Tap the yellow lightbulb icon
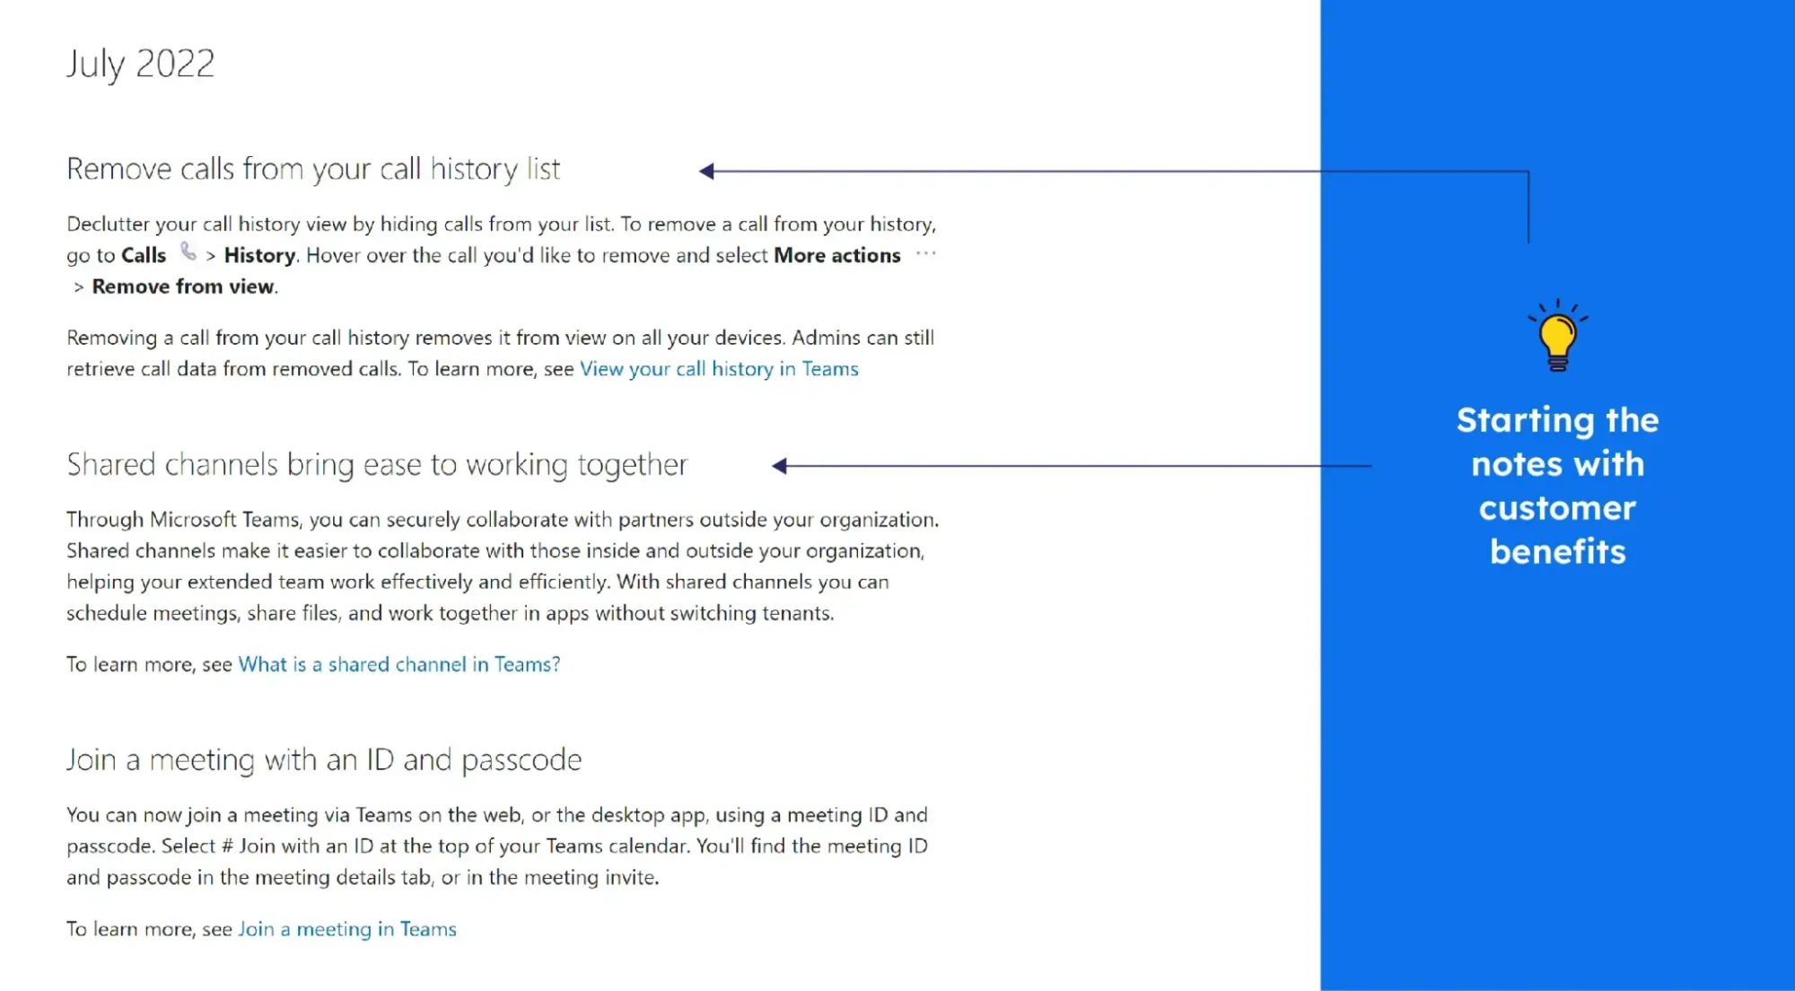click(1558, 336)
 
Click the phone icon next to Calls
click(188, 252)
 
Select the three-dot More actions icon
click(925, 254)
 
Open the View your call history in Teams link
click(719, 369)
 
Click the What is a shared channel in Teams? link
click(399, 664)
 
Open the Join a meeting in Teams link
click(347, 929)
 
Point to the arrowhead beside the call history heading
click(706, 171)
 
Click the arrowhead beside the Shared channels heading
click(779, 466)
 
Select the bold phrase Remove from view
click(183, 286)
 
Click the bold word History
click(259, 256)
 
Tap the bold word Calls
click(144, 256)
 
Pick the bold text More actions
click(837, 256)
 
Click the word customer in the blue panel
click(1557, 508)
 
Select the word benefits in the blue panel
click(1558, 552)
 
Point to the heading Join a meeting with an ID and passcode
click(324, 760)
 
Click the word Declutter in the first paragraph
click(108, 224)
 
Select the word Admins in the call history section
click(826, 338)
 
